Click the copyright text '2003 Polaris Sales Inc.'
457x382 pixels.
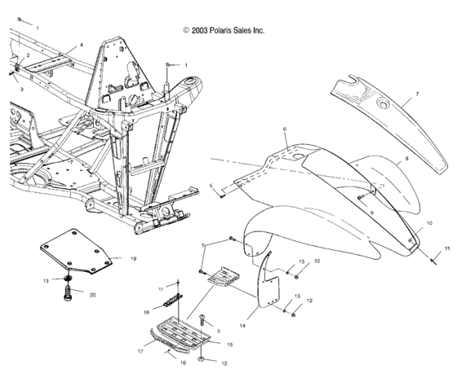pyautogui.click(x=228, y=31)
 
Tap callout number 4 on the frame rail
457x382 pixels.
pyautogui.click(x=82, y=45)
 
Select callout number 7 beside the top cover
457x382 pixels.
pyautogui.click(x=417, y=94)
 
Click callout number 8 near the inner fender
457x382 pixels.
pyautogui.click(x=406, y=159)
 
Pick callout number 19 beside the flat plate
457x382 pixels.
pyautogui.click(x=133, y=259)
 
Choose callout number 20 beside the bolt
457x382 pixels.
pyautogui.click(x=92, y=295)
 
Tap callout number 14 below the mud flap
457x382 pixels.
pyautogui.click(x=242, y=326)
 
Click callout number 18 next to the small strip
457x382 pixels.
pyautogui.click(x=146, y=313)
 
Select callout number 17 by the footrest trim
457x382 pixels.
pyautogui.click(x=140, y=351)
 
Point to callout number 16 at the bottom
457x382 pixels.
pyautogui.click(x=183, y=362)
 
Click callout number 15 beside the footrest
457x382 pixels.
pyautogui.click(x=229, y=345)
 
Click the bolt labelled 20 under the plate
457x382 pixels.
pyautogui.click(x=67, y=293)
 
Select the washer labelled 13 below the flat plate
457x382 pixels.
pyautogui.click(x=69, y=279)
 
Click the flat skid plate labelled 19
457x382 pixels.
pyautogui.click(x=76, y=251)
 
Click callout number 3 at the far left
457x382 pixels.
pyautogui.click(x=21, y=90)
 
